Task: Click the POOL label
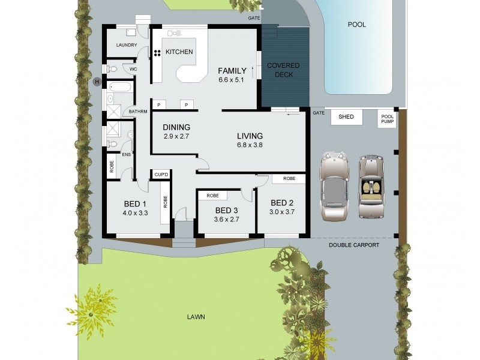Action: pyautogui.click(x=356, y=25)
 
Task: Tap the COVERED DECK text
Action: pyautogui.click(x=283, y=70)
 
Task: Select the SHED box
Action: pyautogui.click(x=346, y=117)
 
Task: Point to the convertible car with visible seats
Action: pyautogui.click(x=371, y=187)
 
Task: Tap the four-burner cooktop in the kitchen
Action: pyautogui.click(x=157, y=53)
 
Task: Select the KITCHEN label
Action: pyautogui.click(x=179, y=52)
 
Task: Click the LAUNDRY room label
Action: pyautogui.click(x=127, y=45)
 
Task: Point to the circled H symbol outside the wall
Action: pyautogui.click(x=96, y=82)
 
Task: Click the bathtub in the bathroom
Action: pyautogui.click(x=119, y=88)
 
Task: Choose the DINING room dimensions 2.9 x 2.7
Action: pyautogui.click(x=176, y=136)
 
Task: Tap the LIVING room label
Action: pyautogui.click(x=250, y=136)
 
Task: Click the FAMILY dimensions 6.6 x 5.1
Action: pyautogui.click(x=232, y=80)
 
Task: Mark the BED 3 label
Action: pyautogui.click(x=227, y=210)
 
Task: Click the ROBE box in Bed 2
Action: pyautogui.click(x=289, y=179)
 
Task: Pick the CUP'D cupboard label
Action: pyautogui.click(x=161, y=175)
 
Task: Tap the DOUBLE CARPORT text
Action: pyautogui.click(x=354, y=245)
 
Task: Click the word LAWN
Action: pyautogui.click(x=196, y=317)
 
